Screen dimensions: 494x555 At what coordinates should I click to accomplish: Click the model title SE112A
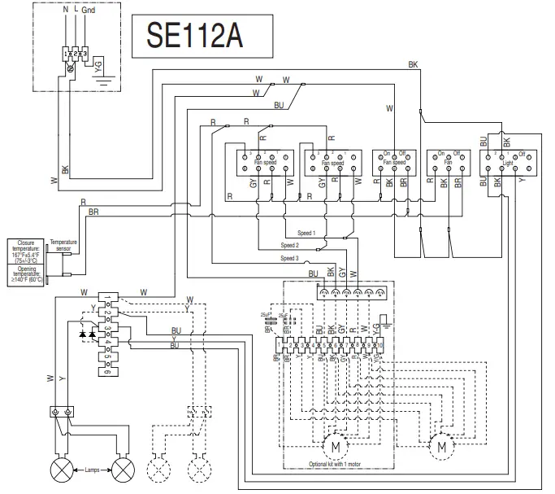pos(193,35)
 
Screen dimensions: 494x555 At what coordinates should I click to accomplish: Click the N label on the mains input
pos(66,9)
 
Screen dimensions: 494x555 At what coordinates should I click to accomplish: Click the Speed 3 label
pos(290,258)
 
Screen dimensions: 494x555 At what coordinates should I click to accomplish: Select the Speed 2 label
pos(290,245)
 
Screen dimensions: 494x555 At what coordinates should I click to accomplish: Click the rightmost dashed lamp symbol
pos(194,470)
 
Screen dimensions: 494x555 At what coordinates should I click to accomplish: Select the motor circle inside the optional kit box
pos(332,447)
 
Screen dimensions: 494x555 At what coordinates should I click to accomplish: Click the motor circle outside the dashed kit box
pos(441,446)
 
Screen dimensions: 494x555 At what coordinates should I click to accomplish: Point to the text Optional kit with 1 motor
pos(337,464)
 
